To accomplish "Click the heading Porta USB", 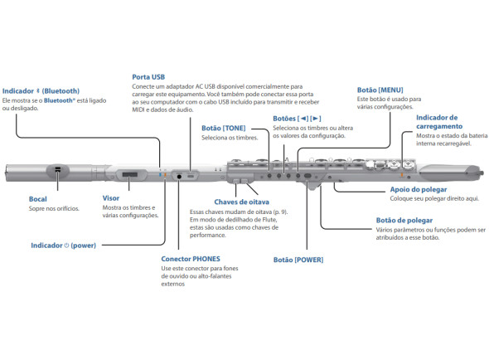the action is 148,77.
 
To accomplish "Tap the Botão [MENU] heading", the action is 380,90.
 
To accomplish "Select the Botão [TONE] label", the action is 224,128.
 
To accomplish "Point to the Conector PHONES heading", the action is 191,259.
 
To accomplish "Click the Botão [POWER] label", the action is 298,260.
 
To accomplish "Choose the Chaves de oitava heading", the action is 242,202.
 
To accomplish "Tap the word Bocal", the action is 38,199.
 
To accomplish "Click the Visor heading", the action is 111,198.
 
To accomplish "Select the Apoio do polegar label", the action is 419,189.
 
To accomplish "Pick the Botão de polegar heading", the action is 404,221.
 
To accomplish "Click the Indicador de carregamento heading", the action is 439,122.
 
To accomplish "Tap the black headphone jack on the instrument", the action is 179,177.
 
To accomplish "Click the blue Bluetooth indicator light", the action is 160,174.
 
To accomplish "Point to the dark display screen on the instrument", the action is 130,174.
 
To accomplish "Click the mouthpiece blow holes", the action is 57,170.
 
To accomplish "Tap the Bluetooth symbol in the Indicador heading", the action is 38,91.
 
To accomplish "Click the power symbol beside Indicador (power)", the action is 66,246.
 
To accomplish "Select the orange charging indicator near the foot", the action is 402,175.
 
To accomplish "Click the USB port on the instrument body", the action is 191,177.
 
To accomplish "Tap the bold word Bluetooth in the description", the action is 58,100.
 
